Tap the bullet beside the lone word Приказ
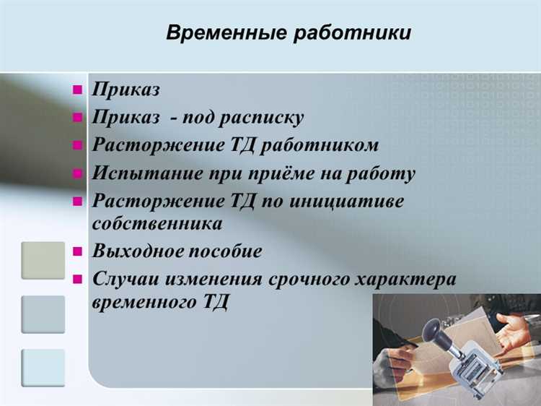click(77, 90)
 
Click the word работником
click(320, 145)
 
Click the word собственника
click(157, 223)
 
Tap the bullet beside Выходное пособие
click(77, 252)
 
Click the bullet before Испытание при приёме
click(77, 173)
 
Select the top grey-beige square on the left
click(43, 261)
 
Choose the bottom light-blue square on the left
click(43, 368)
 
